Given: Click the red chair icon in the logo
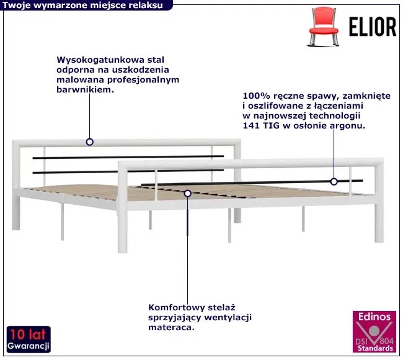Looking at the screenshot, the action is (324, 27).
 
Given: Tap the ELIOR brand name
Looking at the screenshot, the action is (373, 27).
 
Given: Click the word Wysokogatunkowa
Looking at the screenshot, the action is (100, 60).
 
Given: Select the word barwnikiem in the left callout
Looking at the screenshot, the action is (84, 90).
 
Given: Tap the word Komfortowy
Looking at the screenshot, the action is (177, 307).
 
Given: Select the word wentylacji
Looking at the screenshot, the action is (228, 317).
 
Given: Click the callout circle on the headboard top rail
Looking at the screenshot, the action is (89, 142).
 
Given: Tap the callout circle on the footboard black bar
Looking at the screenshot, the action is (334, 182).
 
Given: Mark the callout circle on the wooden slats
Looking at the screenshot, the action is (188, 193).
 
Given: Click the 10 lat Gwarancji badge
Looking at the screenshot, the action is (29, 339).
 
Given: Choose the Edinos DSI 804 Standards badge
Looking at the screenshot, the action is (374, 331).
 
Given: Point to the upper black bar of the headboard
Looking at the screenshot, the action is (128, 157).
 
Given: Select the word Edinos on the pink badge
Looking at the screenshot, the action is (374, 317).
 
